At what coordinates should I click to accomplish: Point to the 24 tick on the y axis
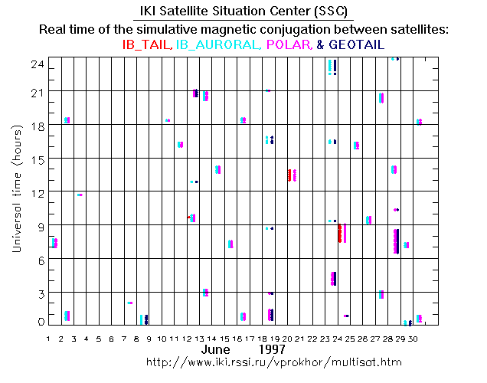coord(34,66)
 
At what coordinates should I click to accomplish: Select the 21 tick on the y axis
coord(34,92)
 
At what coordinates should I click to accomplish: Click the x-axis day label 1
coord(49,337)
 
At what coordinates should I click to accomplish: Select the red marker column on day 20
coord(289,175)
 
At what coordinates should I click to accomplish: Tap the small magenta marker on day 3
coord(80,195)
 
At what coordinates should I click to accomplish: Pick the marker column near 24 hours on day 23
coord(330,67)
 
